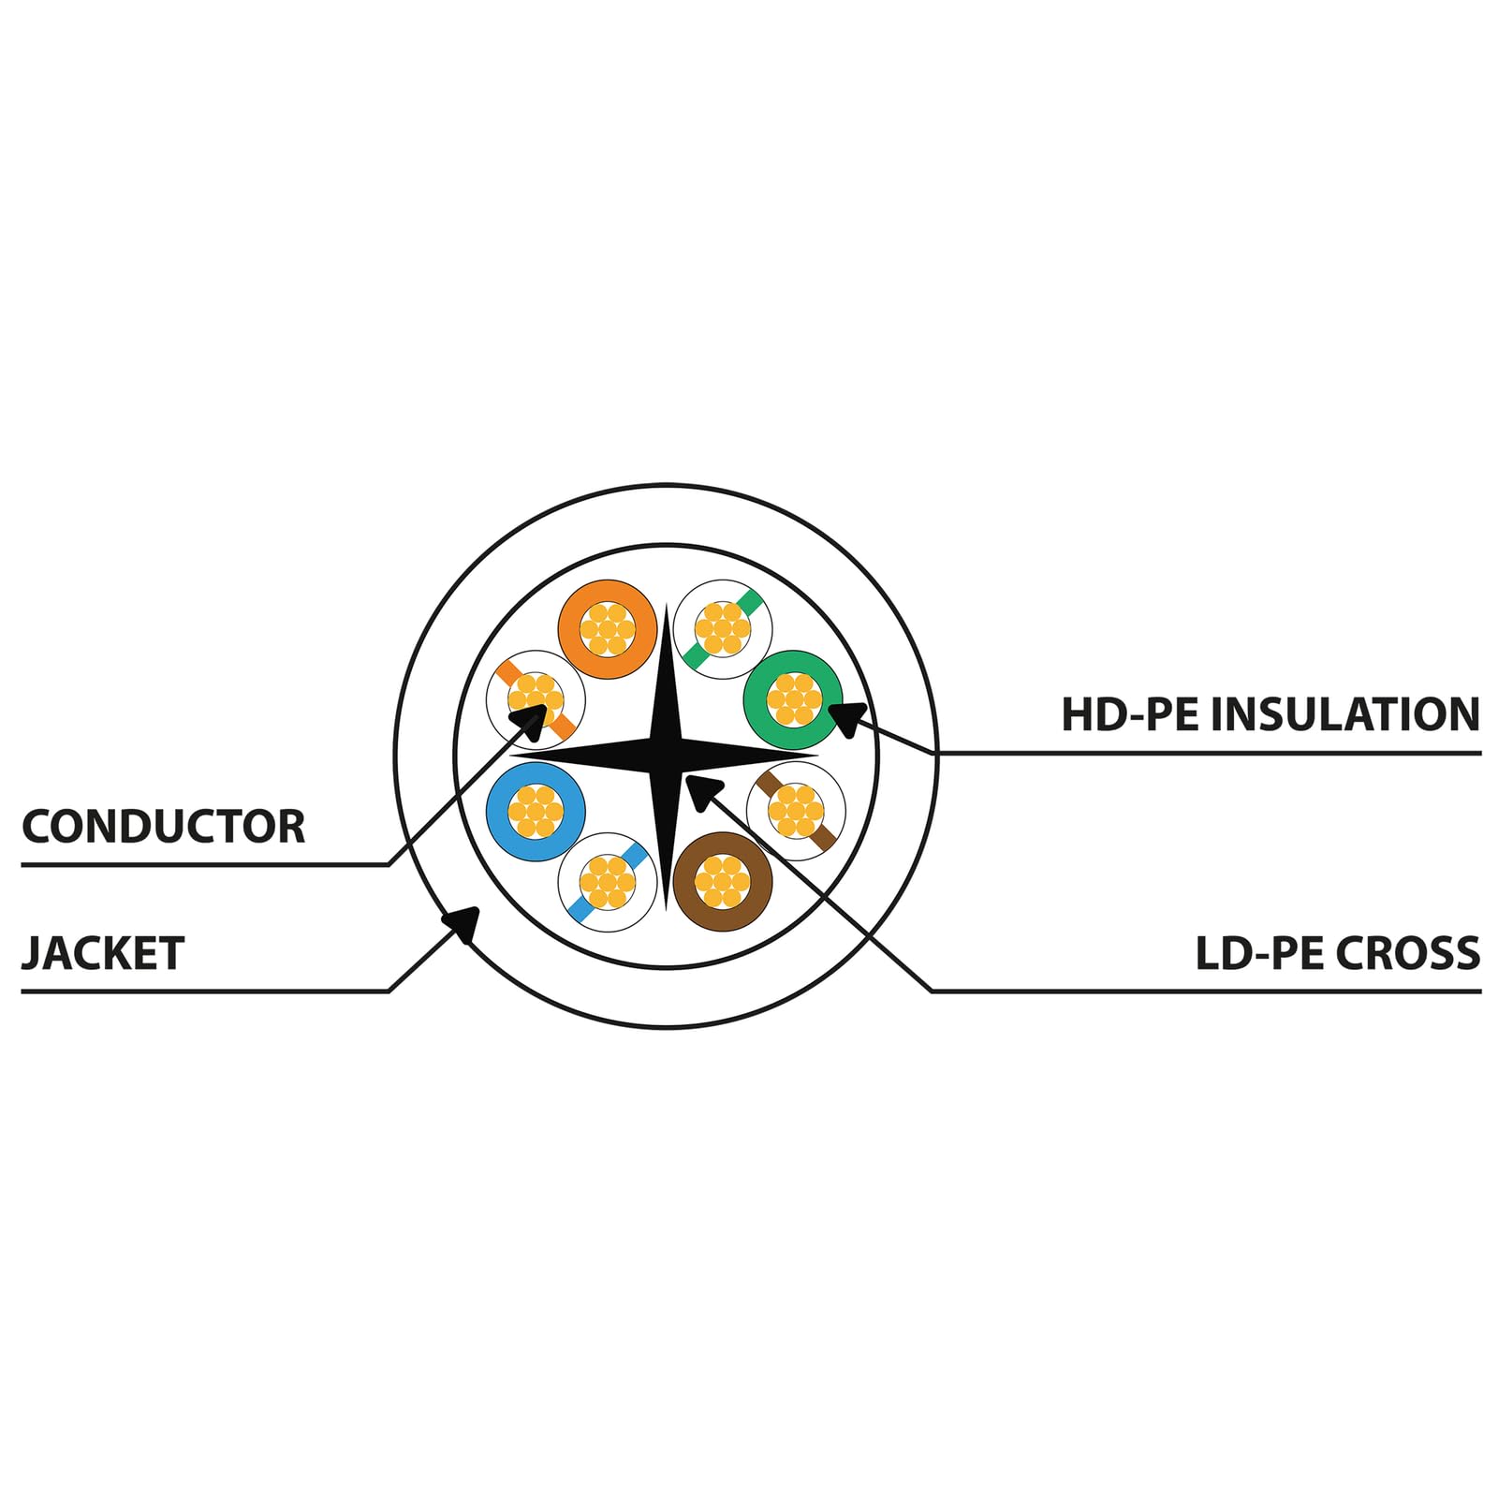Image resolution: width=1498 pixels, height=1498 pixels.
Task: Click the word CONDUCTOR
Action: click(163, 827)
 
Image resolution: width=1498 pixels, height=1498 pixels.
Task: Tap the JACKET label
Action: click(102, 954)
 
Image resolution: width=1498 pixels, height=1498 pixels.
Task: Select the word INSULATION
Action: click(1346, 714)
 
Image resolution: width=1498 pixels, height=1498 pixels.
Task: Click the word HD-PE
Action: click(1130, 714)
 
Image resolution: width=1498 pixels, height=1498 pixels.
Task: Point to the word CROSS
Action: click(1408, 954)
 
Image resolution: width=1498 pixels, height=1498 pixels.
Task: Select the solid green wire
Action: click(793, 698)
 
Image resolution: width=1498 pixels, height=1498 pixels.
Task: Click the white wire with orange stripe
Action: click(536, 698)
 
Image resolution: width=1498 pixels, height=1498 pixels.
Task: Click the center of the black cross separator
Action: click(666, 756)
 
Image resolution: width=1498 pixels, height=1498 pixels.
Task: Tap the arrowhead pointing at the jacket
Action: click(464, 923)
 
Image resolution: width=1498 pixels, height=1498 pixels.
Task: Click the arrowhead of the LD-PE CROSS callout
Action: click(701, 790)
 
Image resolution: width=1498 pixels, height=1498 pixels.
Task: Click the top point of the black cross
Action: click(666, 604)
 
